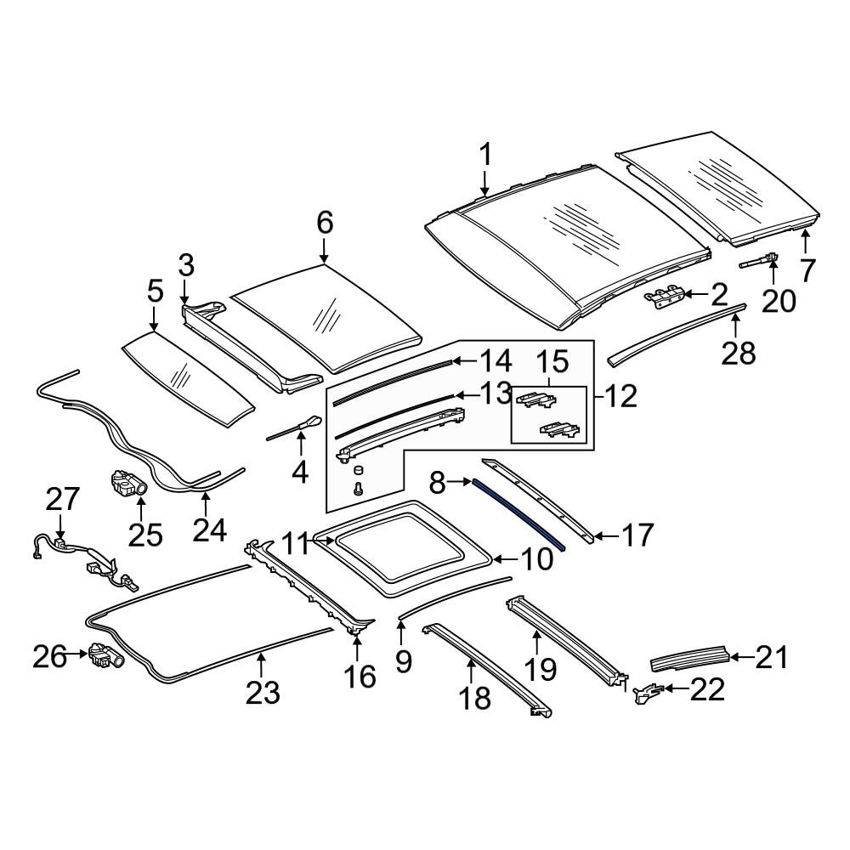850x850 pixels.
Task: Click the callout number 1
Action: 485,155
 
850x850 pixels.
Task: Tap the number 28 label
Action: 738,353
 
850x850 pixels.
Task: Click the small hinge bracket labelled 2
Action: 663,297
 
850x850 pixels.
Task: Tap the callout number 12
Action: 620,397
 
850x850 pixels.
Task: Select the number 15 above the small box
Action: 552,361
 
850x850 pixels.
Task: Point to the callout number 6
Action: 325,222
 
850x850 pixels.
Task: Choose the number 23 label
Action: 263,694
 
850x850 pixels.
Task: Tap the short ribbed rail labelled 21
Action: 688,657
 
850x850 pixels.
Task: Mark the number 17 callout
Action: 638,535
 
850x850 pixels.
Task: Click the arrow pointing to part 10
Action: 507,559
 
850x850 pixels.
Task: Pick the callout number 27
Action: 62,499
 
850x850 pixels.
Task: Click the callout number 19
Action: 540,669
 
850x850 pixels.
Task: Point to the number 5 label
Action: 155,292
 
